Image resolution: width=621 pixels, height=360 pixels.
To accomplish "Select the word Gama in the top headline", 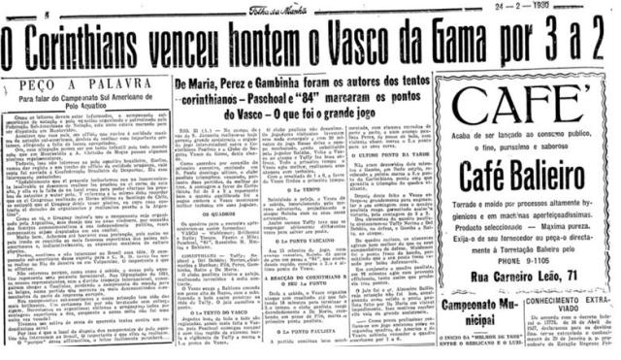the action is coord(487,45).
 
